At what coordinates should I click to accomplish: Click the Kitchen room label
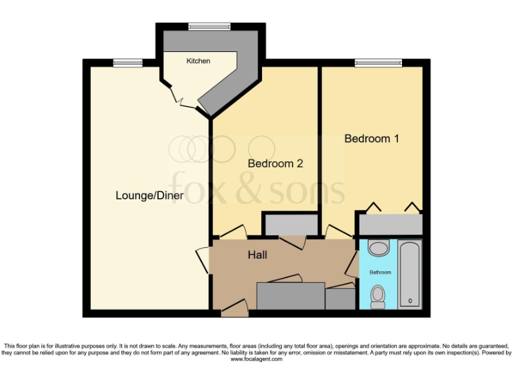tap(198, 61)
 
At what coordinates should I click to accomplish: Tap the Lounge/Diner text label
tap(149, 195)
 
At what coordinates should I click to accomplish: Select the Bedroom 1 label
tap(371, 139)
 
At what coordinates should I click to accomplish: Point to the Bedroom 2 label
tap(275, 163)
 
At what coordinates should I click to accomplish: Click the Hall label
tap(258, 255)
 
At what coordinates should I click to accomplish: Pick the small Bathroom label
tap(381, 273)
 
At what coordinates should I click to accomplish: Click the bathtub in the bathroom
tap(410, 274)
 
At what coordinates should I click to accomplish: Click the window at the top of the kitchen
tap(209, 27)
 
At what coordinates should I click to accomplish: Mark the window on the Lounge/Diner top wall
tap(127, 63)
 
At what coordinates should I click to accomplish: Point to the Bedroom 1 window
tap(374, 63)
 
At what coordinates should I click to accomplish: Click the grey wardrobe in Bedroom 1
tap(391, 223)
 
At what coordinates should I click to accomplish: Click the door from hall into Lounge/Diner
tap(202, 259)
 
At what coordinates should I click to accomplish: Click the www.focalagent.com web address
tap(256, 359)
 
